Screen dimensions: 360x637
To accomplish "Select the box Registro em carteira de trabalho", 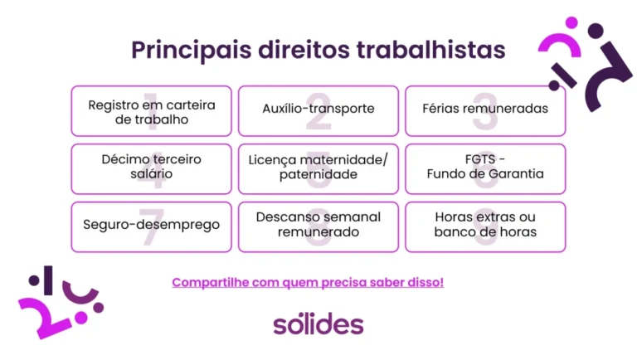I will pyautogui.click(x=152, y=111).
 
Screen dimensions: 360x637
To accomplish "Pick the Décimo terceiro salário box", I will pyautogui.click(x=152, y=168).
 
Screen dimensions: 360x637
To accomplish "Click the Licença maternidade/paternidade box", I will pyautogui.click(x=318, y=168).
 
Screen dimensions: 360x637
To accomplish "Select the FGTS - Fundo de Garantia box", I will pyautogui.click(x=485, y=168).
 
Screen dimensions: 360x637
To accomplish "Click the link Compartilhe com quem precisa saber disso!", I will pyautogui.click(x=308, y=282).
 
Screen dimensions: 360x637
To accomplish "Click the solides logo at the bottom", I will pyautogui.click(x=318, y=324).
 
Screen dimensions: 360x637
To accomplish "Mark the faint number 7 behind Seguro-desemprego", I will pyautogui.click(x=152, y=231).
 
